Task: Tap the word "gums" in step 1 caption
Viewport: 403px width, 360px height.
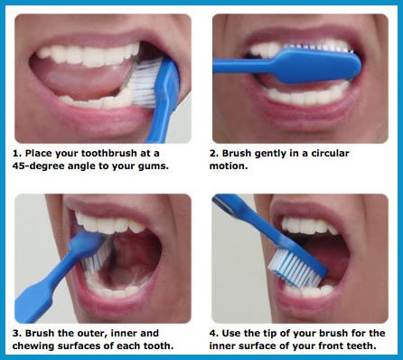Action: click(x=169, y=165)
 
